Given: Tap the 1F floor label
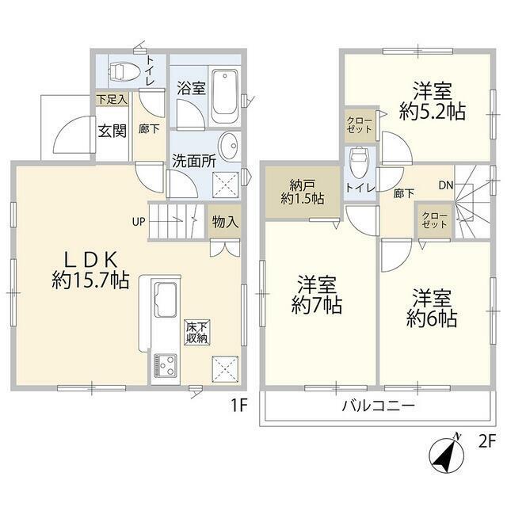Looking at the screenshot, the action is coord(239,405).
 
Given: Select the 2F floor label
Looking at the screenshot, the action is coord(487,442).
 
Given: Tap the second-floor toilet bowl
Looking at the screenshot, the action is coord(360,162).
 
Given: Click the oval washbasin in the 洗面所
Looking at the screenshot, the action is coord(229,146).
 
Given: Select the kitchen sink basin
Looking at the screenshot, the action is coord(166,299).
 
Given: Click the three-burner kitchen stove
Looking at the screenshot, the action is coord(166,366).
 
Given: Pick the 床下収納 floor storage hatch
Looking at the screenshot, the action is coord(197,333).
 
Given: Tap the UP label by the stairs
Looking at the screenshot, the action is coord(139,222).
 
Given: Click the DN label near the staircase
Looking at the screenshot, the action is coord(446,185).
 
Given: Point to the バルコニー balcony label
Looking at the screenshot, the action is coord(378,406).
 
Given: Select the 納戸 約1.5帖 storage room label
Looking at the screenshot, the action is coord(303,192).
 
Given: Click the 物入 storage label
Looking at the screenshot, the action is coord(225,222).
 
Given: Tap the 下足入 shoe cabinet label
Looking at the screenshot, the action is coord(112,100).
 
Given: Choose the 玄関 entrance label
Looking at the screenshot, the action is coord(112,131).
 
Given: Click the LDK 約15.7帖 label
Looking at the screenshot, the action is coord(91,270).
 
